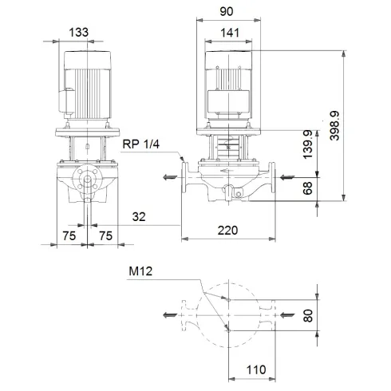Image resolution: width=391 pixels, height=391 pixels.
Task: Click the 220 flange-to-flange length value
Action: [229, 231]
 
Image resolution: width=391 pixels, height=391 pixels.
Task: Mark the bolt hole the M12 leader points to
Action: [227, 299]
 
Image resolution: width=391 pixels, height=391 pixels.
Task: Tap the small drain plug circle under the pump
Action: [228, 192]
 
